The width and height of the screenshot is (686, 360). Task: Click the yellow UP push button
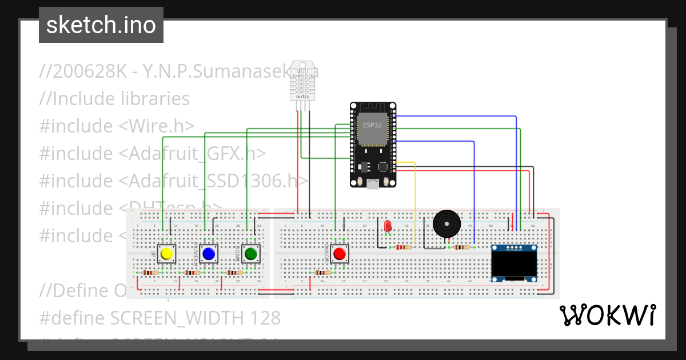(166, 253)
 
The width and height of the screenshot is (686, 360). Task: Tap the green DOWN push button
(250, 253)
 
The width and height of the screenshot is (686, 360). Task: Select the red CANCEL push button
(340, 253)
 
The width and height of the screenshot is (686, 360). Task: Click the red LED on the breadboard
(388, 226)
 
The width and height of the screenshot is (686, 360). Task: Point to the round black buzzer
(446, 223)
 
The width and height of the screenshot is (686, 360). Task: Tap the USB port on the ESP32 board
(373, 183)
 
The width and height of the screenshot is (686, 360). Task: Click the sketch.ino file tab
(101, 25)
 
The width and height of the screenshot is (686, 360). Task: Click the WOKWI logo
(607, 315)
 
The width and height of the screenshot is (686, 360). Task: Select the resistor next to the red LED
(402, 247)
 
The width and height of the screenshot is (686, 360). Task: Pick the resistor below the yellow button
(150, 273)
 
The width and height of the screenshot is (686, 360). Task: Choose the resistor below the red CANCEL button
(322, 273)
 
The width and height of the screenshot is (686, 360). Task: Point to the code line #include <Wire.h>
(117, 126)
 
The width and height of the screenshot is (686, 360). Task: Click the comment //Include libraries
(114, 99)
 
